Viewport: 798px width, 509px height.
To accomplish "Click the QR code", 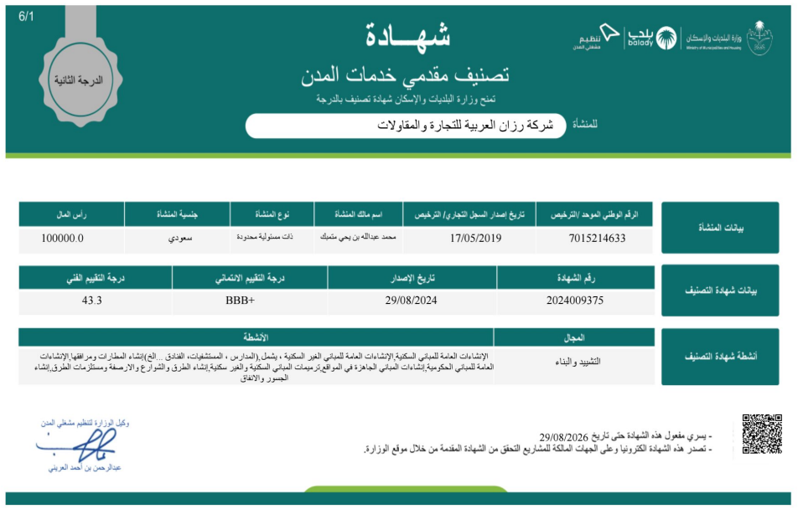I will pyautogui.click(x=762, y=433).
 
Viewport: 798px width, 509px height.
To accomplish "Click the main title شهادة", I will pyautogui.click(x=408, y=36).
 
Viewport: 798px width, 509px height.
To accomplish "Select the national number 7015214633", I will pyautogui.click(x=597, y=239).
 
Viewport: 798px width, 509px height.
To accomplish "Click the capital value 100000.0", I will pyautogui.click(x=62, y=239).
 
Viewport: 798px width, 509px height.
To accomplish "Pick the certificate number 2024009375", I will pyautogui.click(x=574, y=300).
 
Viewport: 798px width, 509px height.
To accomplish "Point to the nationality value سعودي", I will pyautogui.click(x=178, y=239).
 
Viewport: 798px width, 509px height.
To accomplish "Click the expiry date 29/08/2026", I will pyautogui.click(x=569, y=437).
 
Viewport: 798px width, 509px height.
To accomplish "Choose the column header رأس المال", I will pyautogui.click(x=71, y=215).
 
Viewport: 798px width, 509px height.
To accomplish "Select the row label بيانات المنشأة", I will pyautogui.click(x=720, y=228).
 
